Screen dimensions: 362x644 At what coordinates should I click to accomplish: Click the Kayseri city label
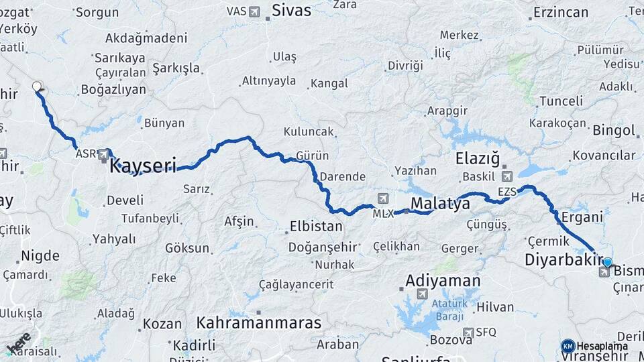pos(142,165)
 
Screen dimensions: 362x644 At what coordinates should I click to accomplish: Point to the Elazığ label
pos(478,159)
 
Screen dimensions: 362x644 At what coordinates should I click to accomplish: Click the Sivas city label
pos(291,10)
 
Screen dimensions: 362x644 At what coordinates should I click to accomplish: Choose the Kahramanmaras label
pos(259,322)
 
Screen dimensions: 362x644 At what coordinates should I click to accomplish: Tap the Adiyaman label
pos(443,280)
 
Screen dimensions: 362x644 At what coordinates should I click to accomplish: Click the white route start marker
pos(37,86)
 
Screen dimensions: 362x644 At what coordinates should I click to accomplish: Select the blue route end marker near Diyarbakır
pos(607,263)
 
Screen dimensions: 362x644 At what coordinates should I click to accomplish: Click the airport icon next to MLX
pos(382,198)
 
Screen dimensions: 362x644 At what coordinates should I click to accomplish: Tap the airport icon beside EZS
pos(506,176)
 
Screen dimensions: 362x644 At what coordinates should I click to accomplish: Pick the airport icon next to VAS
pos(254,11)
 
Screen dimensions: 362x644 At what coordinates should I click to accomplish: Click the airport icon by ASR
pos(103,154)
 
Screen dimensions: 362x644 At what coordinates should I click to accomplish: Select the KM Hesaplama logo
pos(595,346)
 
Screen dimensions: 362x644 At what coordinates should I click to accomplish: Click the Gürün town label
pos(311,156)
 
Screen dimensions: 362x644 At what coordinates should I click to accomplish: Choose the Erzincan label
pos(560,12)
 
